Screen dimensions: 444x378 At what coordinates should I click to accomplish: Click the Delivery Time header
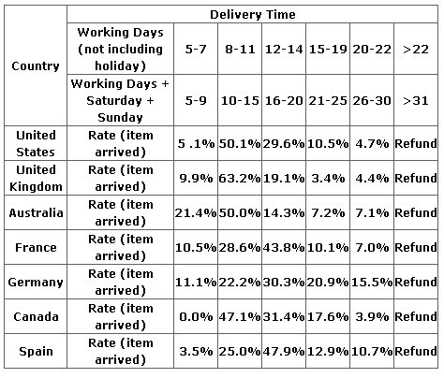click(x=253, y=15)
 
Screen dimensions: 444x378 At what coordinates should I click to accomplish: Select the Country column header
click(x=36, y=66)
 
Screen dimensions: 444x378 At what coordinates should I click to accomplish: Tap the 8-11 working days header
click(x=240, y=50)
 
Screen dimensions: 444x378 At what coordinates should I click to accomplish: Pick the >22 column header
click(x=416, y=50)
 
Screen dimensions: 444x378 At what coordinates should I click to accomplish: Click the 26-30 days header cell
click(x=372, y=101)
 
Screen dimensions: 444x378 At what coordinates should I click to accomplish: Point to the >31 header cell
click(x=416, y=101)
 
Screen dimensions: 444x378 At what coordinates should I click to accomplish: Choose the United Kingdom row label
click(x=36, y=178)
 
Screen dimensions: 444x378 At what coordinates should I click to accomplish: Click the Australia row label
click(x=36, y=212)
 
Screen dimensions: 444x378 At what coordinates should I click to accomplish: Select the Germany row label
click(x=36, y=283)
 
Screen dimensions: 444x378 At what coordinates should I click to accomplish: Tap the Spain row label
click(x=36, y=352)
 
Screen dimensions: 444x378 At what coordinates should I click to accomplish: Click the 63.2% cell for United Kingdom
click(x=240, y=179)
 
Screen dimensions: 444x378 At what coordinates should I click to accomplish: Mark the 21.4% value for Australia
click(x=196, y=213)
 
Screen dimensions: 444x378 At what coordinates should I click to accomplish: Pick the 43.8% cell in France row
click(x=284, y=248)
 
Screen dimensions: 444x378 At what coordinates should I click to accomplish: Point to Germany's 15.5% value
click(x=372, y=283)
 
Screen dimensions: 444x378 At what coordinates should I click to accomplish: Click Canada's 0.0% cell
click(x=196, y=317)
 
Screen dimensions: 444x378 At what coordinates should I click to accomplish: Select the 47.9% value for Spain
click(x=284, y=352)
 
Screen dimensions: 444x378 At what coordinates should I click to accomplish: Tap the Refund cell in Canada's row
click(x=416, y=316)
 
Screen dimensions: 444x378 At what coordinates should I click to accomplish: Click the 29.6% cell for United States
click(x=284, y=144)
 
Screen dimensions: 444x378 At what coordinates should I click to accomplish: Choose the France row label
click(x=36, y=248)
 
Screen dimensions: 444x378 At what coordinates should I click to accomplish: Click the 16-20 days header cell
click(x=284, y=101)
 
